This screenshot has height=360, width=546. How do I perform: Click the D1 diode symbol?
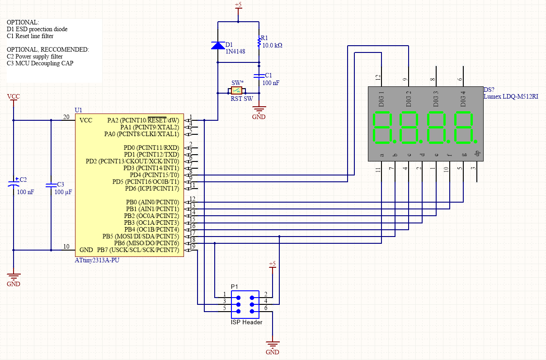tap(218, 45)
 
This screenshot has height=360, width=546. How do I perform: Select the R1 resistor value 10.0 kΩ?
tap(272, 46)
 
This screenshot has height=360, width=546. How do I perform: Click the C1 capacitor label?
tap(268, 75)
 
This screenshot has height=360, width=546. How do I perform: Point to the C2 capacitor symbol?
tap(14, 185)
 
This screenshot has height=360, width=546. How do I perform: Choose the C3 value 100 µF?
tap(63, 192)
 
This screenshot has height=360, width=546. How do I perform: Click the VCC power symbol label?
tap(14, 97)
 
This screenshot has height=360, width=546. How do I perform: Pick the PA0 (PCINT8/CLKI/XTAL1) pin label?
tap(141, 134)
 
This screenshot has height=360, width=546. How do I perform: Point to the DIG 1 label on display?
tap(381, 99)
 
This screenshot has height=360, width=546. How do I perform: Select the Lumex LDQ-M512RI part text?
tap(511, 96)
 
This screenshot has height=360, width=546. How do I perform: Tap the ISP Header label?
tap(246, 322)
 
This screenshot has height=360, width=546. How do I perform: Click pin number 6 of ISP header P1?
tap(266, 308)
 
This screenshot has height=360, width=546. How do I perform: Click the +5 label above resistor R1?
tap(238, 5)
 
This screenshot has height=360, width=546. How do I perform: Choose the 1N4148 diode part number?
tap(235, 52)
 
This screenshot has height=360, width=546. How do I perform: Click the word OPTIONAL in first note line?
tap(23, 22)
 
